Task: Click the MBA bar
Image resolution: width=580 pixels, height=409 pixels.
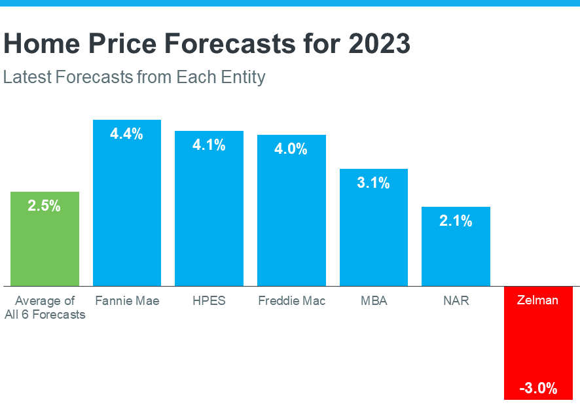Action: [x=373, y=236]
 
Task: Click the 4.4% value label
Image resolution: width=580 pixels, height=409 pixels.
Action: [x=127, y=134]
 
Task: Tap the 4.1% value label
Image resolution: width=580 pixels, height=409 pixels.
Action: [x=209, y=145]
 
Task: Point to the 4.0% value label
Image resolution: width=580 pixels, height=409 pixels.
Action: [x=291, y=149]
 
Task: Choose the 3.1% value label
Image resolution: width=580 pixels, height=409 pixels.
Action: [x=373, y=183]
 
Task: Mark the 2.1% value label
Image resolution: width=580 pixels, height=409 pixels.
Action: [x=456, y=221]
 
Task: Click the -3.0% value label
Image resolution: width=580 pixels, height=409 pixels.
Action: [x=538, y=389]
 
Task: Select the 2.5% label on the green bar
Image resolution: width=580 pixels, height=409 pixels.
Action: [x=45, y=206]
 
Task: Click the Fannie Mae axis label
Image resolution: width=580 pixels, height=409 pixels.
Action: [x=127, y=301]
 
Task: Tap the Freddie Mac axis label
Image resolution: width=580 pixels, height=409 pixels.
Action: [x=291, y=301]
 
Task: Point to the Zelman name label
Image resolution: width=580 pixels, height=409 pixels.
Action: [x=538, y=301]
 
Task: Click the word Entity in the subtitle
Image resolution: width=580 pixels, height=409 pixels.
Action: [x=244, y=77]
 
